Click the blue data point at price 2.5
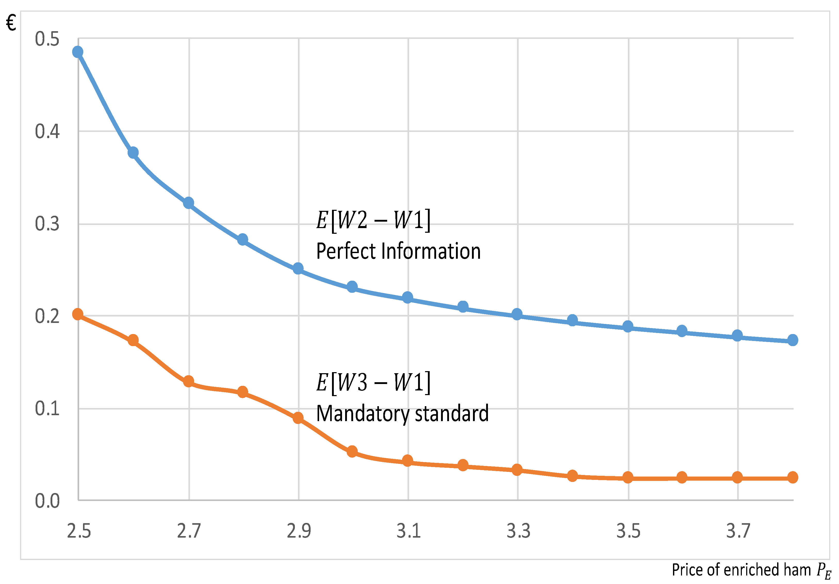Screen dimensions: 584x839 pos(78,52)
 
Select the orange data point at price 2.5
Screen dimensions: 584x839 pos(78,314)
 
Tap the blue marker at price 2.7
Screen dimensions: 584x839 pos(189,203)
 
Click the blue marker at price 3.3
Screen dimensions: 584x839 pos(517,314)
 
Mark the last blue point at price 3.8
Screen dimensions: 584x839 pos(793,340)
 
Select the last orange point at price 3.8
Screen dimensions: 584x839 pos(793,477)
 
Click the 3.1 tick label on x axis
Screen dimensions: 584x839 pos(409,531)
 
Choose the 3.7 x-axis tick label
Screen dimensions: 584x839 pos(738,531)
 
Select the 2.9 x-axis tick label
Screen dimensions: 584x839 pos(298,531)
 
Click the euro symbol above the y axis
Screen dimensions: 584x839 pos(11,23)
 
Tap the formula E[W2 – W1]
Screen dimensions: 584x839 pos(373,220)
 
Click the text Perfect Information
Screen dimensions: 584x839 pos(398,252)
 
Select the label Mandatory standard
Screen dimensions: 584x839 pos(402,414)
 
